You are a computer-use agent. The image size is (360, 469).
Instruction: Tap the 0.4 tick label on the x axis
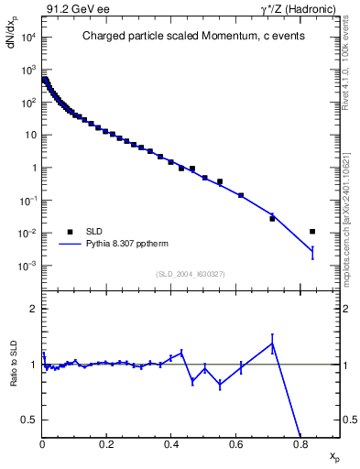pyautogui.click(x=171, y=444)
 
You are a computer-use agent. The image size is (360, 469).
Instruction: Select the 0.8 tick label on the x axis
pyautogui.click(x=300, y=444)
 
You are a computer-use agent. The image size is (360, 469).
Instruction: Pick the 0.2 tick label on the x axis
pyautogui.click(x=106, y=444)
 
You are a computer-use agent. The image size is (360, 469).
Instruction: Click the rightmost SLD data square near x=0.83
pyautogui.click(x=312, y=232)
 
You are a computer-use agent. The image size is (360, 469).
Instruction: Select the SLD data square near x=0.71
pyautogui.click(x=272, y=218)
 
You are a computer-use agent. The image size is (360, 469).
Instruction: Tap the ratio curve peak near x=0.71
pyautogui.click(x=272, y=344)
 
